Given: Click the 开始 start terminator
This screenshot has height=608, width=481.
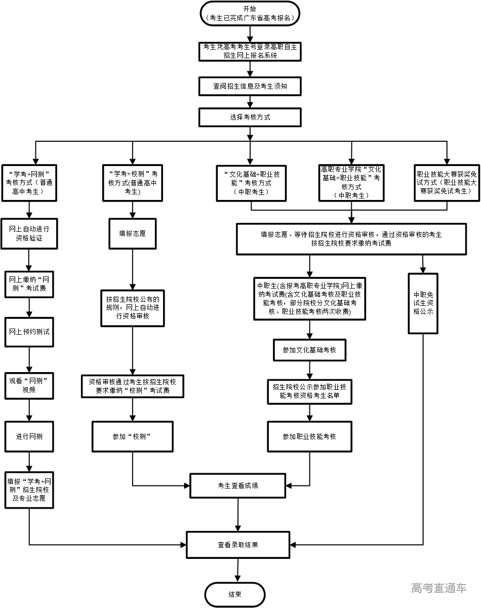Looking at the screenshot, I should pyautogui.click(x=250, y=13).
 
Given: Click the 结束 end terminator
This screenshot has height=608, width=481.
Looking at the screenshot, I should pyautogui.click(x=235, y=594).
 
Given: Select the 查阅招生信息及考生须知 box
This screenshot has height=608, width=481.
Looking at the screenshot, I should pyautogui.click(x=250, y=86).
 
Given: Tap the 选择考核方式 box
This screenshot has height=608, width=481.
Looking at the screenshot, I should pyautogui.click(x=250, y=117).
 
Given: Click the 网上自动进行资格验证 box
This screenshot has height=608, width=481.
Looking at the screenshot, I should pyautogui.click(x=29, y=233).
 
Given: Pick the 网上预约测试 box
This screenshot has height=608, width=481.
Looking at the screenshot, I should pyautogui.click(x=29, y=332).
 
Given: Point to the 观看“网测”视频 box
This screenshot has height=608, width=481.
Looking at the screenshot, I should pyautogui.click(x=29, y=386).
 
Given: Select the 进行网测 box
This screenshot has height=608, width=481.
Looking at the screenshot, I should pyautogui.click(x=29, y=436).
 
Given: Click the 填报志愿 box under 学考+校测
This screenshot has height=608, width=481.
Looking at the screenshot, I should pyautogui.click(x=133, y=233).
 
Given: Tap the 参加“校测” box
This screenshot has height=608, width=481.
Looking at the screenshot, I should pyautogui.click(x=133, y=436).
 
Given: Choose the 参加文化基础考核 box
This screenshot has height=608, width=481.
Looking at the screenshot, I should pyautogui.click(x=309, y=350).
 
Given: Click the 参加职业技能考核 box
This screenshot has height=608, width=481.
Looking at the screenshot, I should pyautogui.click(x=309, y=436).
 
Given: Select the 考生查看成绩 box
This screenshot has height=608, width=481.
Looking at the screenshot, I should pyautogui.click(x=238, y=485).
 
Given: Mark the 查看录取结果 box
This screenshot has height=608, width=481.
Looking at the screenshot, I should pyautogui.click(x=238, y=545).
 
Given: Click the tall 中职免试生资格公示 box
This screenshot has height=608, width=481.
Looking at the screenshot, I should pyautogui.click(x=423, y=303).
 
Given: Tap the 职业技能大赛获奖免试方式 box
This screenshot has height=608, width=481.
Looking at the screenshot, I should pyautogui.click(x=446, y=183).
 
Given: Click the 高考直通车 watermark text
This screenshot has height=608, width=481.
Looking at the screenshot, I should pyautogui.click(x=438, y=588).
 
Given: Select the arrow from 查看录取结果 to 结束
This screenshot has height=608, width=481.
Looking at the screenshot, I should pyautogui.click(x=236, y=571).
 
